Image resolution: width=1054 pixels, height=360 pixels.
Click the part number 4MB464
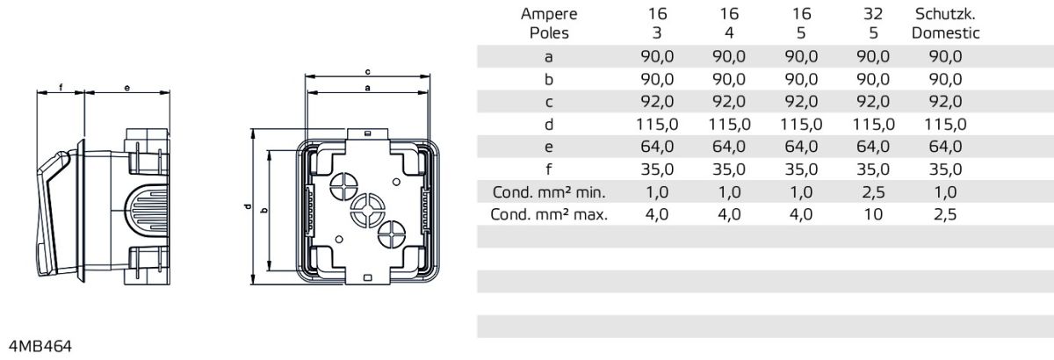click(40, 346)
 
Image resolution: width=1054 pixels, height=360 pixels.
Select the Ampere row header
click(549, 14)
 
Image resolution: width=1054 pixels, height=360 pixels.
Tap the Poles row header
click(549, 33)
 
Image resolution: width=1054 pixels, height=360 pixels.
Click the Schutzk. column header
click(945, 14)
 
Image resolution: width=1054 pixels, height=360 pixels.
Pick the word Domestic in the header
click(945, 33)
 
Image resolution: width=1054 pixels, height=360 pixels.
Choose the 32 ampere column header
click(873, 14)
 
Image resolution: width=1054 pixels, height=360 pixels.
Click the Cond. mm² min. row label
click(549, 192)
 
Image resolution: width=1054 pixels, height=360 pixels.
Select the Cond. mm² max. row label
click(549, 215)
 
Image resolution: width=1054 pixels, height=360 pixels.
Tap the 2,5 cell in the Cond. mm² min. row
click(873, 192)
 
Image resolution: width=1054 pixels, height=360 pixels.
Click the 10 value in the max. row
click(873, 215)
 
